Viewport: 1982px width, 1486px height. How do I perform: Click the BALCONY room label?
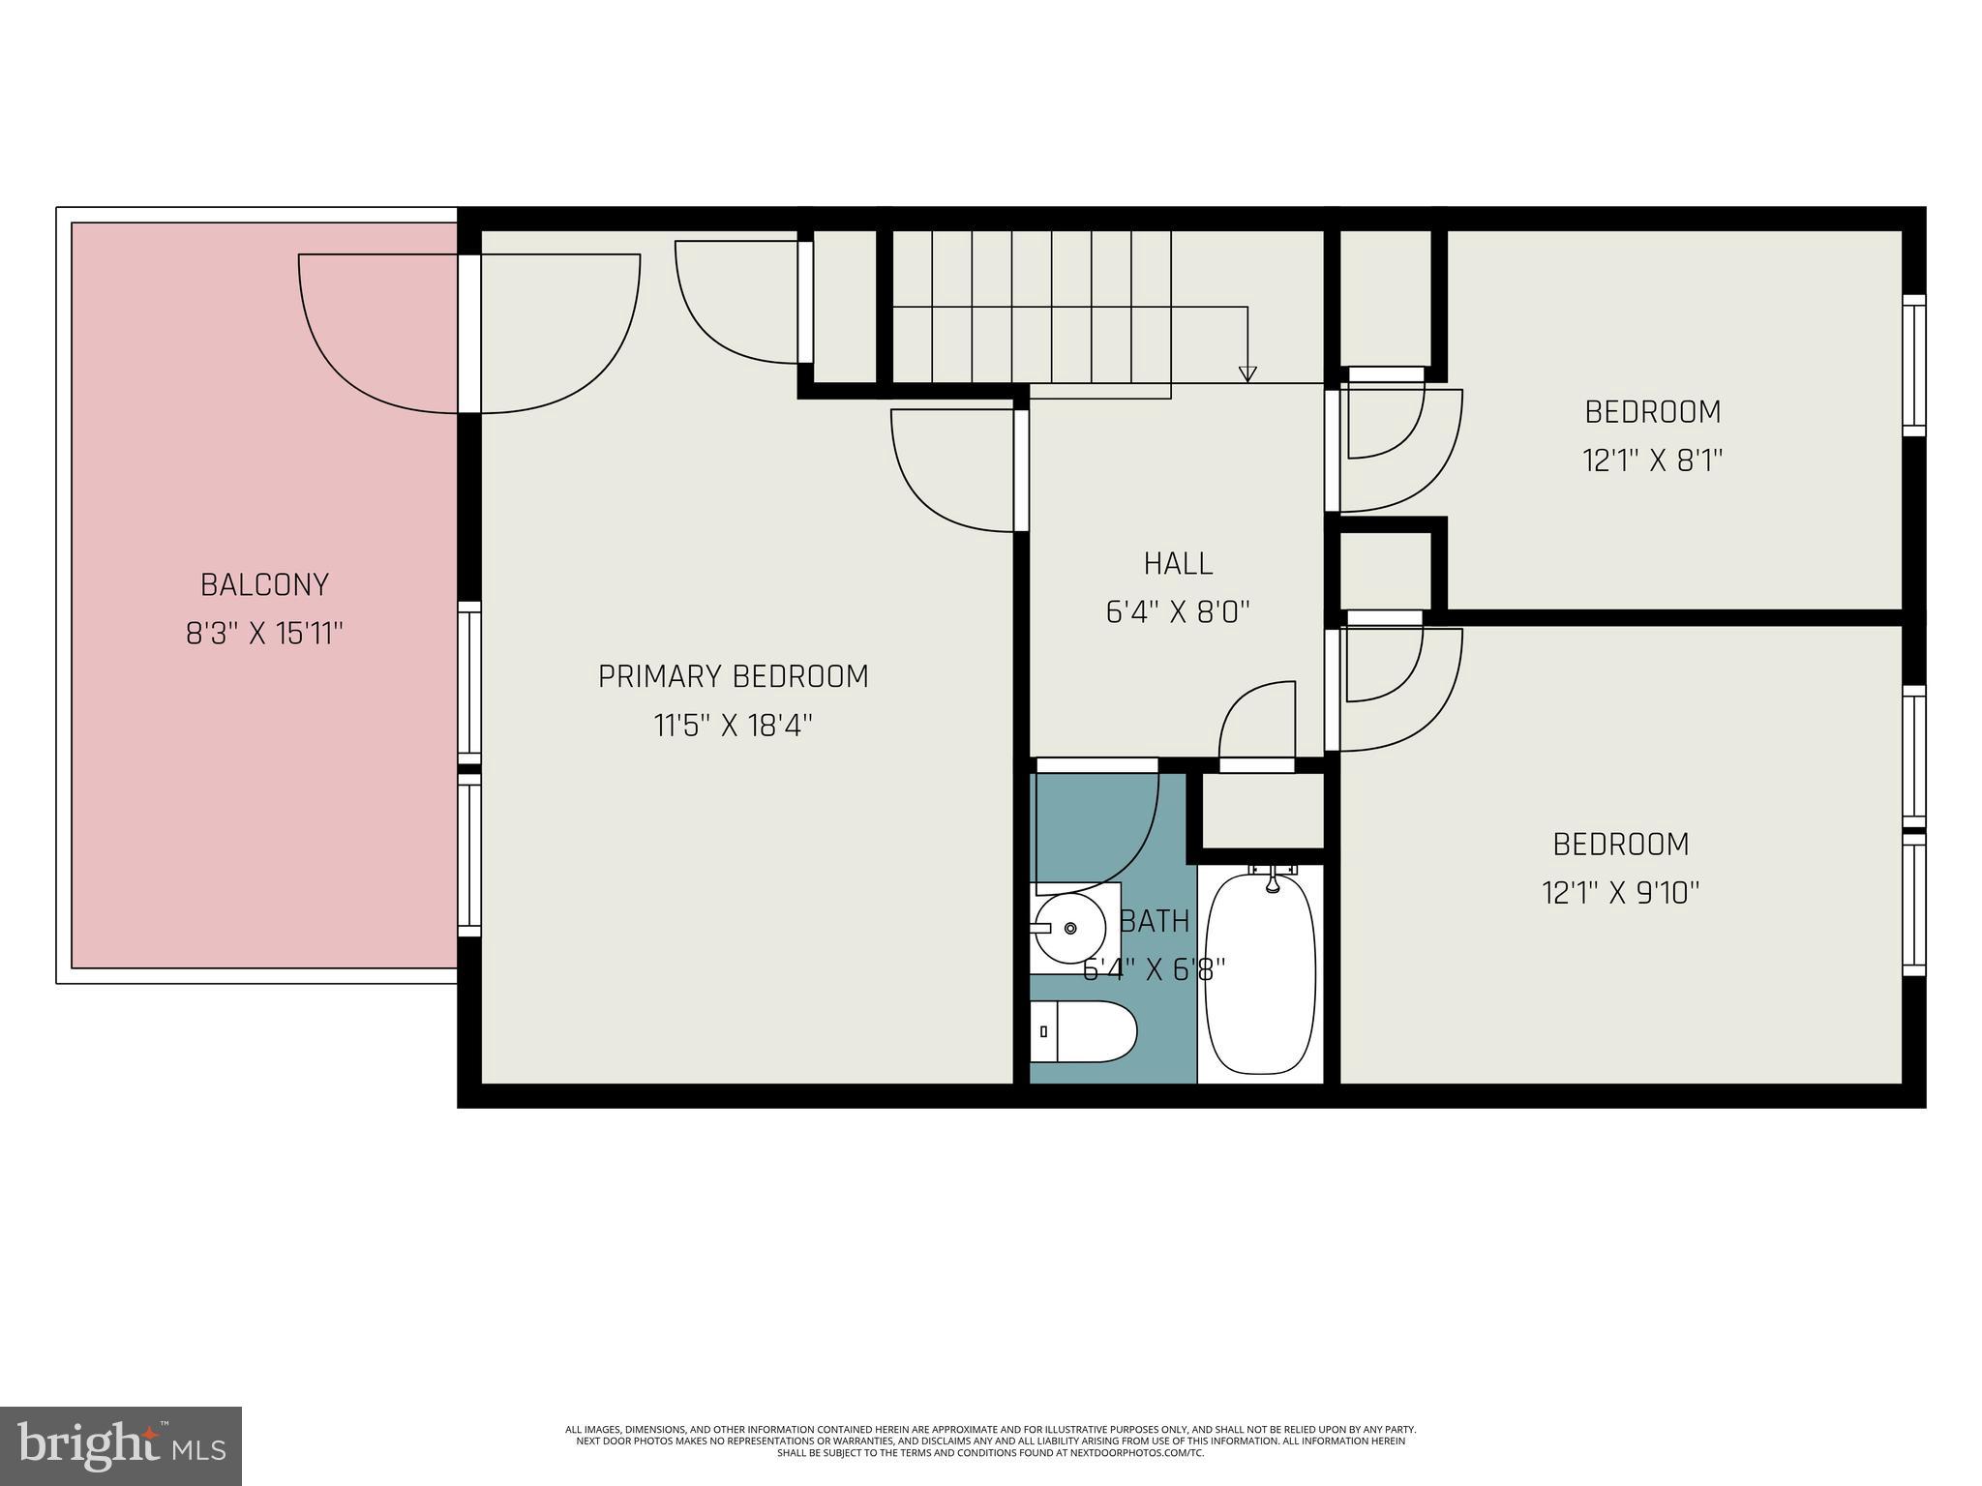[264, 584]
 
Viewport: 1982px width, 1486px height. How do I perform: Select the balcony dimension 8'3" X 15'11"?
[264, 635]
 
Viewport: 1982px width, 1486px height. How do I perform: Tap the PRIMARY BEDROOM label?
[733, 676]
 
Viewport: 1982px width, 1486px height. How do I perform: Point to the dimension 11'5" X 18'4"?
[733, 726]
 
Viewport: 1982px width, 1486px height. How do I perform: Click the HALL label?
[1178, 563]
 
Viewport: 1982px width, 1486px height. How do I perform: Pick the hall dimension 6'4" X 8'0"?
[1178, 612]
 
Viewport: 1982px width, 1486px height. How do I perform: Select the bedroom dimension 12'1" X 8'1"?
[1652, 461]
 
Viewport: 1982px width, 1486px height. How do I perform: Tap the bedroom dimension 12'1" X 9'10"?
[1620, 892]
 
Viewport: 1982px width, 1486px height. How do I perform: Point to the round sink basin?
[1069, 928]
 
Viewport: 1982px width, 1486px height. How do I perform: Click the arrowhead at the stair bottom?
[1247, 373]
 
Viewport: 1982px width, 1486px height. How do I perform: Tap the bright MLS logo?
[121, 1446]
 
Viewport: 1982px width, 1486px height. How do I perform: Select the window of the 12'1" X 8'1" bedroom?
[1913, 365]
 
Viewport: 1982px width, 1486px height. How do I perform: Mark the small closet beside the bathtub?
[1261, 810]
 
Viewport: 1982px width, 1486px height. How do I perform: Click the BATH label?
[1155, 921]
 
